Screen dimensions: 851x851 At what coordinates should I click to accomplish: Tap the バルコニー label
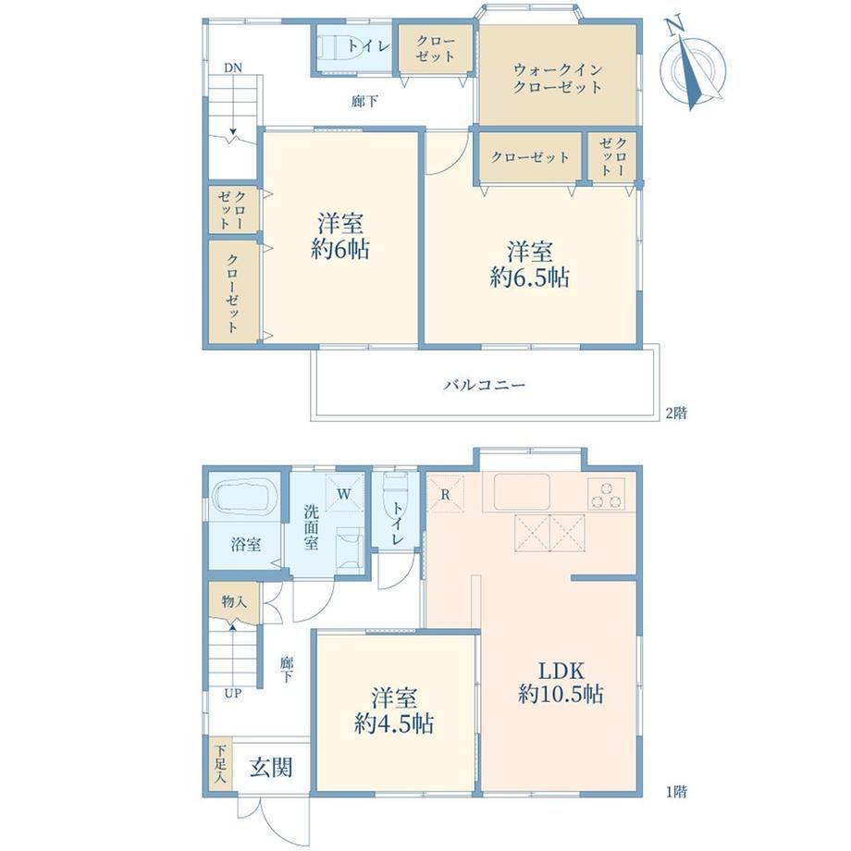485,386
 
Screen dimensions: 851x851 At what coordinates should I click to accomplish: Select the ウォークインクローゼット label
558,78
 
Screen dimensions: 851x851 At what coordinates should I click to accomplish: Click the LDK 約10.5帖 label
561,683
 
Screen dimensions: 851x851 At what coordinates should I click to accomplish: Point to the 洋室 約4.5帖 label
394,710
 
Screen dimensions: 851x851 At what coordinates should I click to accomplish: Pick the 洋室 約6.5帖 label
530,265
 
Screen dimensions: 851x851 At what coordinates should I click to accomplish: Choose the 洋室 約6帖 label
340,237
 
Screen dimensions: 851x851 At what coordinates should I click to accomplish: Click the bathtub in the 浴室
244,497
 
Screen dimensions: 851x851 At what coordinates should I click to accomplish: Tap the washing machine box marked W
344,493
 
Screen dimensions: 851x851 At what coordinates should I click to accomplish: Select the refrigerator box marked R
446,494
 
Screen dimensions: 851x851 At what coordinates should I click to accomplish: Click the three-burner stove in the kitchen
606,494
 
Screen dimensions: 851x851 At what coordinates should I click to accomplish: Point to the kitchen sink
522,492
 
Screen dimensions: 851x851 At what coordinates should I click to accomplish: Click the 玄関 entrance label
271,768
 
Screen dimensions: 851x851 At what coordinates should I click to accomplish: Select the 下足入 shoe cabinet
220,764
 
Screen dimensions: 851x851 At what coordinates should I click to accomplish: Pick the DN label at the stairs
233,68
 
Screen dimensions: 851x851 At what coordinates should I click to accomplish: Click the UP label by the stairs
233,693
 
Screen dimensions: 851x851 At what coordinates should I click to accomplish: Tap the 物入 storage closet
234,601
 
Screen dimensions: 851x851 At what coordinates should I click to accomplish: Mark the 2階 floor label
676,413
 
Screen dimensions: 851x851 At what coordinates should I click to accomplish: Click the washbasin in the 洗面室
350,549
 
